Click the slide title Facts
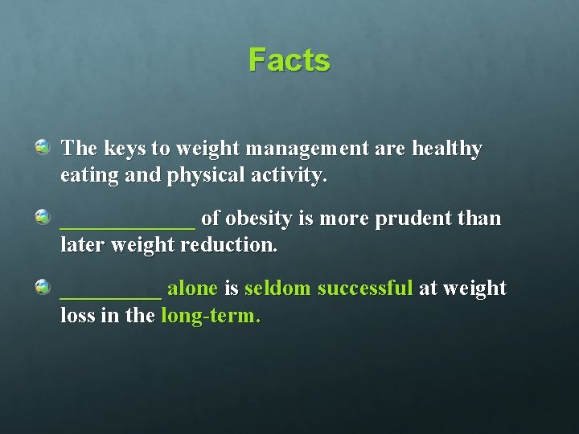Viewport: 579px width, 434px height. click(289, 60)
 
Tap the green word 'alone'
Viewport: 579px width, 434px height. click(192, 289)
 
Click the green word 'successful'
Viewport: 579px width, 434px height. click(365, 289)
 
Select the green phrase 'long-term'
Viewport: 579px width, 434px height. click(210, 316)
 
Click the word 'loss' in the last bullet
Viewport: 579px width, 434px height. click(78, 316)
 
